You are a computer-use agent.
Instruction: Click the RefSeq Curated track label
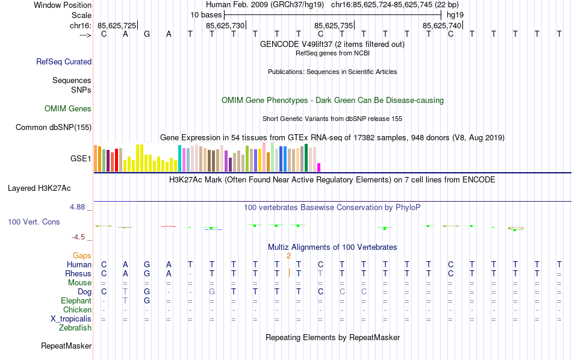click(x=64, y=61)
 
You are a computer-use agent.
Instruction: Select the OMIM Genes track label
click(x=68, y=109)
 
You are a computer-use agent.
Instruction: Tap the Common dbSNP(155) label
click(x=54, y=127)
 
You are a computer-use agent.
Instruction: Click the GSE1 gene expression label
click(x=81, y=159)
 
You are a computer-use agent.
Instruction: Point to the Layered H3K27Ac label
click(x=49, y=188)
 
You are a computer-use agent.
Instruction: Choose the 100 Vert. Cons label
click(x=34, y=222)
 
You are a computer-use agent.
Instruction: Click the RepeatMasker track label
click(x=66, y=346)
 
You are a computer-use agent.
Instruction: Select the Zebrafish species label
click(x=75, y=328)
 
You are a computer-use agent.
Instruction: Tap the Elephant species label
click(x=76, y=301)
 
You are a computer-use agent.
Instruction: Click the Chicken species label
click(x=77, y=310)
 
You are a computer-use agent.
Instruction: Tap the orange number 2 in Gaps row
click(x=289, y=256)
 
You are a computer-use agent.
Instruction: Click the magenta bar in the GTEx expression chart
click(x=319, y=167)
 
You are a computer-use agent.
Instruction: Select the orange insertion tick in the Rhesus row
click(x=290, y=273)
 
